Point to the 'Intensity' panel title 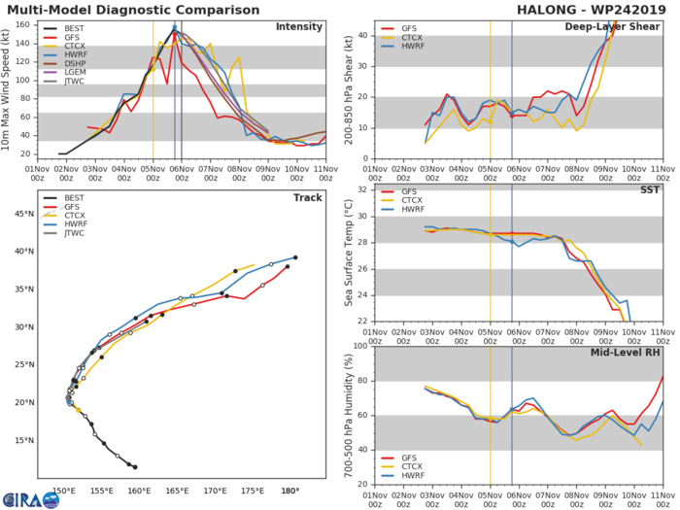(x=299, y=26)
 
